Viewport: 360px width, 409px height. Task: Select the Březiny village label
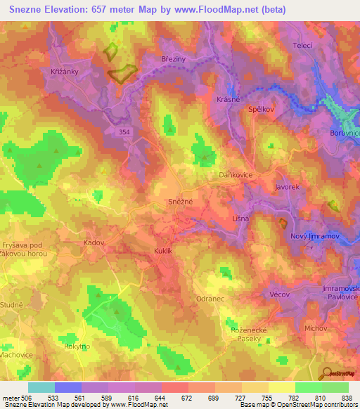pos(173,60)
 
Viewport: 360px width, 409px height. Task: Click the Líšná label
pos(240,219)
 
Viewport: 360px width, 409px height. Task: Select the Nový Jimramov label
pos(314,236)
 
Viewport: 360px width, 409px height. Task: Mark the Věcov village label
pos(280,294)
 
